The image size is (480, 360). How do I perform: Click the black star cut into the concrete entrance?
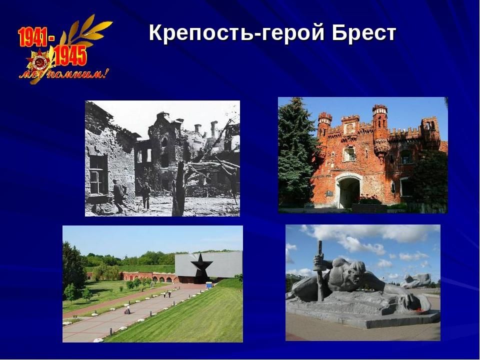(201, 265)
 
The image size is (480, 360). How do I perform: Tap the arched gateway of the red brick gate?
(348, 192)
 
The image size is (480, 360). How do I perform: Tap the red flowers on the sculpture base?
(419, 310)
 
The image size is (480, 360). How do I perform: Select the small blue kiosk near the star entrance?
(209, 285)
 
